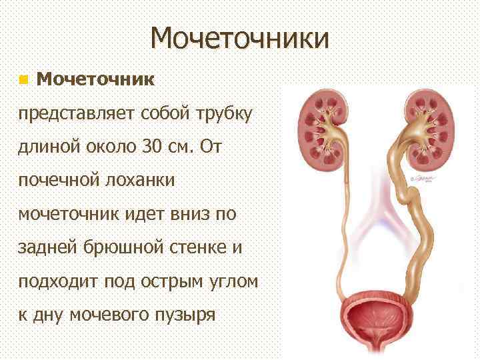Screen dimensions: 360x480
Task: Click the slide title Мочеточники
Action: coord(239,38)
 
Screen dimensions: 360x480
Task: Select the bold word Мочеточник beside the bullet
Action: coord(96,80)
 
